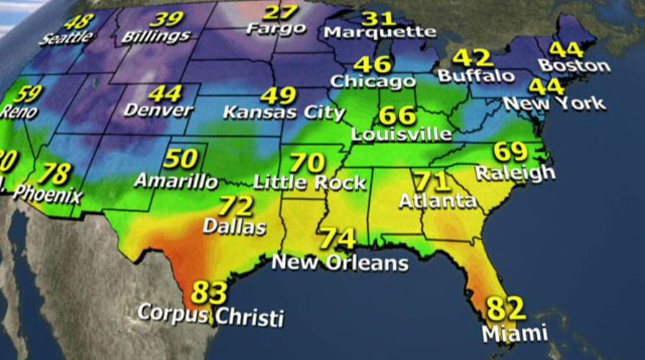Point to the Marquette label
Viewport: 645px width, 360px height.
click(379, 32)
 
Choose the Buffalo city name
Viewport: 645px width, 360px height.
click(476, 75)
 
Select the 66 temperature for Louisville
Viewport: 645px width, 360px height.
click(397, 115)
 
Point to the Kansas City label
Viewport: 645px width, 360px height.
click(284, 113)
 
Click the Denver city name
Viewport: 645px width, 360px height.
click(158, 110)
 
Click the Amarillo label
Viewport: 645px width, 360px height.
click(176, 180)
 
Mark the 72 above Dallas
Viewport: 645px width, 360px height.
click(237, 207)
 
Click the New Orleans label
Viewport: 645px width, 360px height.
click(340, 262)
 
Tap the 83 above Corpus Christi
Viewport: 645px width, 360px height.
click(209, 293)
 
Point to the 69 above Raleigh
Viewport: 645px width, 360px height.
click(511, 152)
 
